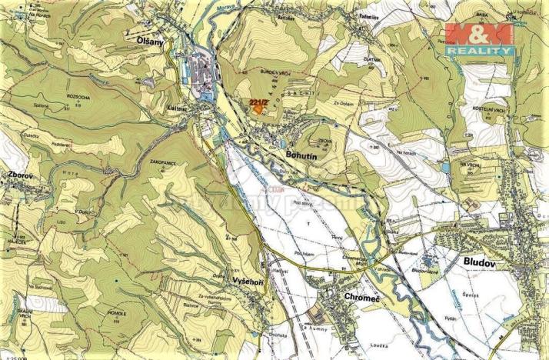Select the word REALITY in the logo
pos(480,50)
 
